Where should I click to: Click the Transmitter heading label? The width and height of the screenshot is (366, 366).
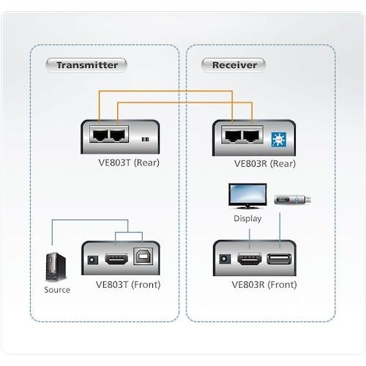pos(86,65)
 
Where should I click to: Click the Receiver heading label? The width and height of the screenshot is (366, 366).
pos(234,65)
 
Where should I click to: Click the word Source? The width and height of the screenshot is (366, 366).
pos(56,290)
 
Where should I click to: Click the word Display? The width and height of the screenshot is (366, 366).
pos(247,219)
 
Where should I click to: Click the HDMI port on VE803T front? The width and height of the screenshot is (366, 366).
pos(116,259)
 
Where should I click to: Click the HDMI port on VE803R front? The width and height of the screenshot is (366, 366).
pos(247,259)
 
